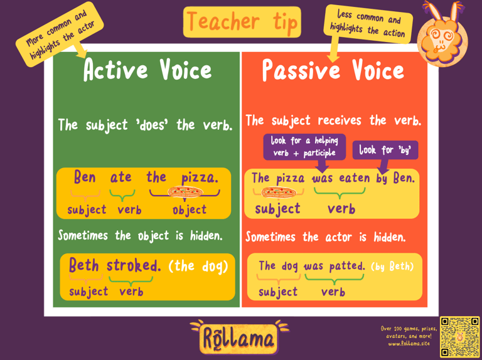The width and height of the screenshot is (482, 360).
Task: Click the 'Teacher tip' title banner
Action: (x=242, y=22)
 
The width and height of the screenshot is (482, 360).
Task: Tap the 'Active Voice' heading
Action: (x=147, y=70)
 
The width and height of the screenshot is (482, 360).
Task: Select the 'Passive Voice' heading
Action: (x=333, y=71)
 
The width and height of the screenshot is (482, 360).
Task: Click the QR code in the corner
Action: (x=459, y=336)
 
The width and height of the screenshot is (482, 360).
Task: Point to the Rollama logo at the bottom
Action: (x=239, y=337)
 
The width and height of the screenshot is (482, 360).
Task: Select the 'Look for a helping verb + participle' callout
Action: (x=304, y=147)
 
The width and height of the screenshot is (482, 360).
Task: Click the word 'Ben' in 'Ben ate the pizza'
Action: (x=85, y=177)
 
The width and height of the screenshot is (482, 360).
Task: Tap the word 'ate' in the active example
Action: (x=121, y=177)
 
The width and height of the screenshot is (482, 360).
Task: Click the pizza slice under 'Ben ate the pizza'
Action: (x=185, y=192)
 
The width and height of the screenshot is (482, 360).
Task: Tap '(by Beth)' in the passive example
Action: (x=392, y=267)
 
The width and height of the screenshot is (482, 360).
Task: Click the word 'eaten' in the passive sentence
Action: (x=355, y=178)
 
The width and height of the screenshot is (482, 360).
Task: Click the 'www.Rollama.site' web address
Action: (x=409, y=344)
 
